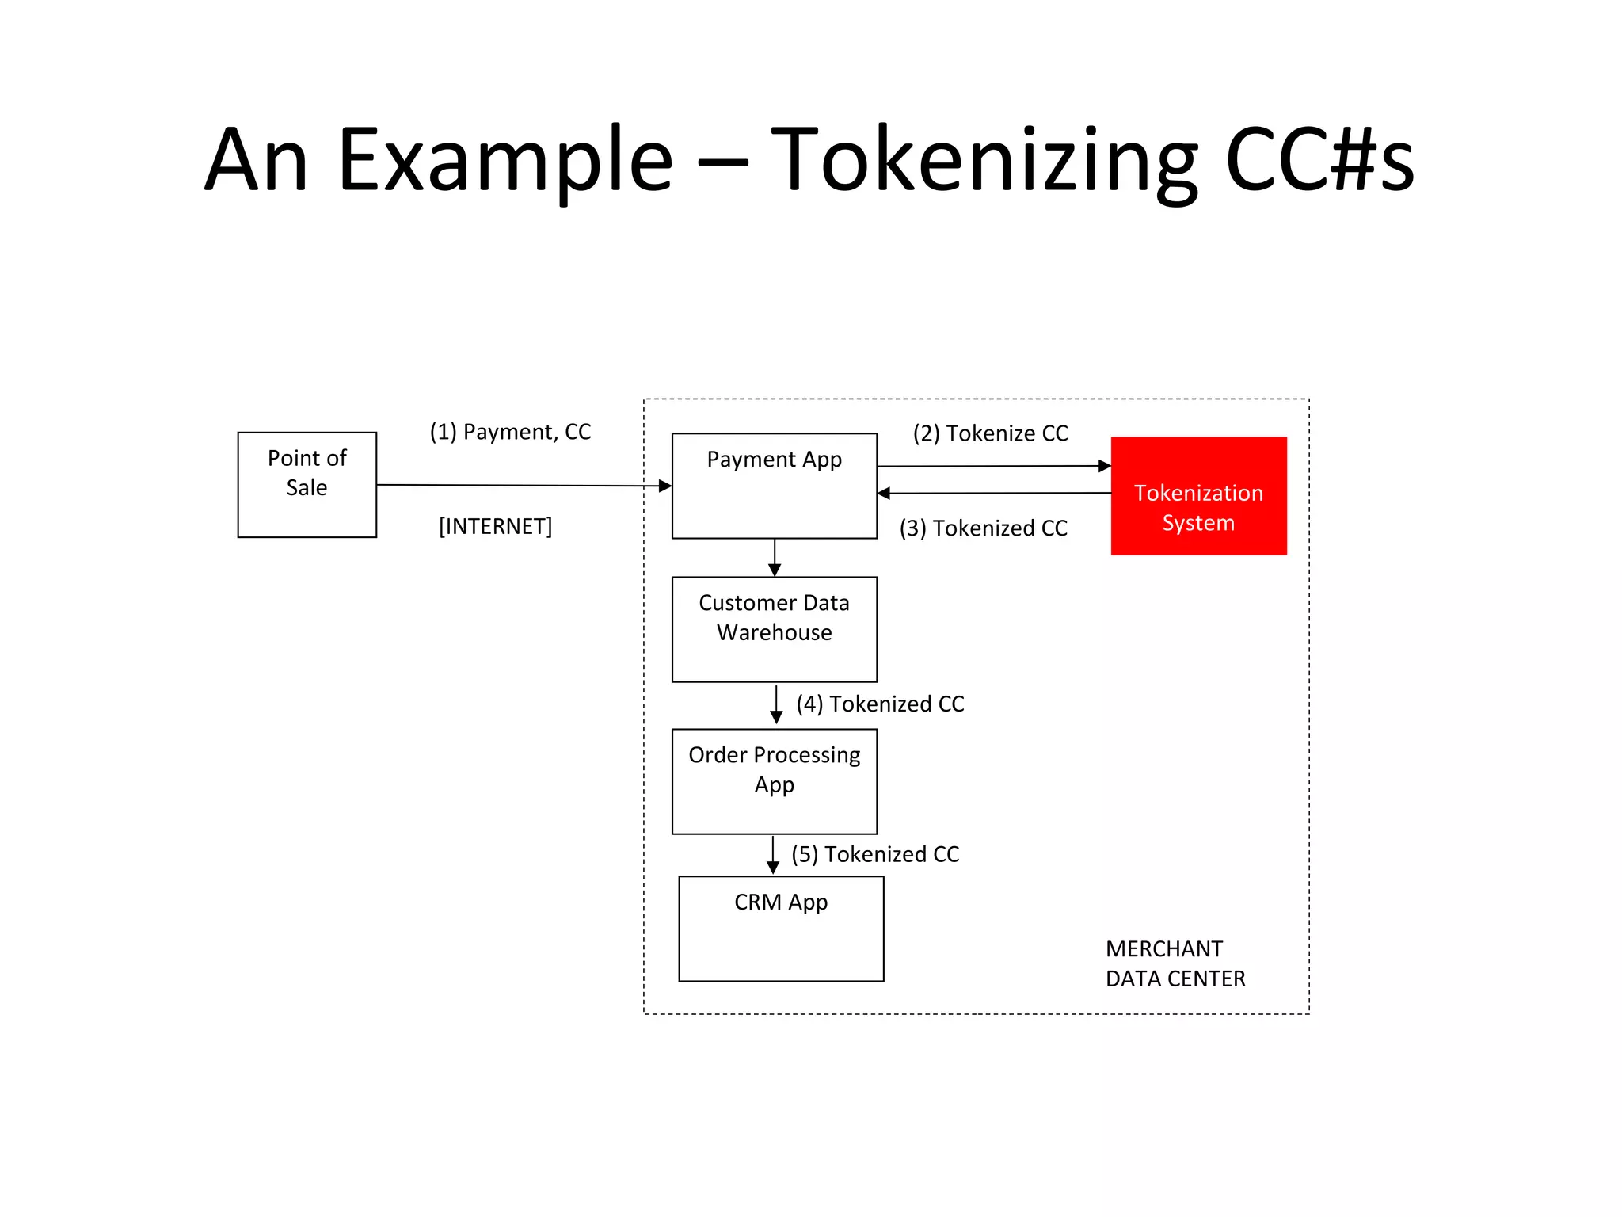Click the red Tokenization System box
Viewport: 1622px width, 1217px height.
(1198, 496)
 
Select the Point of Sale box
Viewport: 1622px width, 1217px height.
(307, 485)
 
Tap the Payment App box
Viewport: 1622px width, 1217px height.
(774, 486)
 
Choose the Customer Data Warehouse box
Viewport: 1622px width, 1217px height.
(774, 629)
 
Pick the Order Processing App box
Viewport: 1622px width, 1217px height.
(774, 781)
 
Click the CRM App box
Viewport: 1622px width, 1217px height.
(781, 929)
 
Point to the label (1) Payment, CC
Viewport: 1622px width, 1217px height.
(510, 432)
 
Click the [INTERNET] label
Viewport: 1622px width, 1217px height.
(495, 526)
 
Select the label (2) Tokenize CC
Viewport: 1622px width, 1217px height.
(990, 433)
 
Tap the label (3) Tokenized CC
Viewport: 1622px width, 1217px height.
(983, 528)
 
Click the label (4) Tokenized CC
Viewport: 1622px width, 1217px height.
(880, 704)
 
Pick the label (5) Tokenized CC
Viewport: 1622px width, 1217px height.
(875, 854)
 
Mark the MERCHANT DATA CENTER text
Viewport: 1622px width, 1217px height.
(1175, 963)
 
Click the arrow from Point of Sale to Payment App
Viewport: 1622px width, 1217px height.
(523, 485)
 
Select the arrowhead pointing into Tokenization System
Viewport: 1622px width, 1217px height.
(1105, 466)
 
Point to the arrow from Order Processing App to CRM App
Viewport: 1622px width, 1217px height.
(773, 855)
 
